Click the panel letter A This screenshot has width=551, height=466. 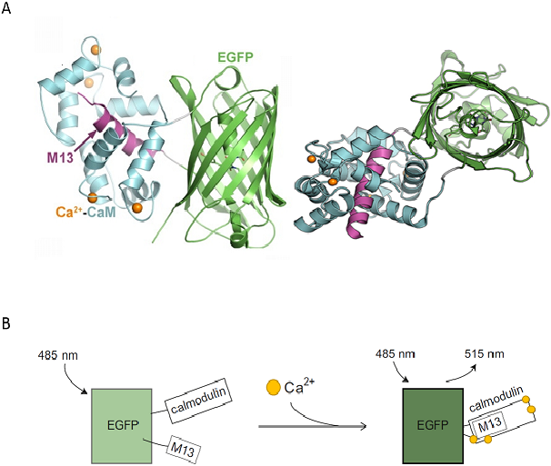(6, 7)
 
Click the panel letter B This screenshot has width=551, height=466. (6, 323)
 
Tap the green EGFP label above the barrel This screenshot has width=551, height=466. (235, 57)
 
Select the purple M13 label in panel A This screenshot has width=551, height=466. (60, 157)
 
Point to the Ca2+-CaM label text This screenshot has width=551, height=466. (85, 212)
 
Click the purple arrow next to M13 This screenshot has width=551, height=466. (85, 141)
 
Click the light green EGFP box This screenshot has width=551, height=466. (122, 426)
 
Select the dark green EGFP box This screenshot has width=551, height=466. (433, 426)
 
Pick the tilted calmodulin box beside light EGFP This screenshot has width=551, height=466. (198, 401)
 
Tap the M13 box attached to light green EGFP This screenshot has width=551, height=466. (183, 450)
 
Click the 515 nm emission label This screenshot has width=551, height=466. (485, 354)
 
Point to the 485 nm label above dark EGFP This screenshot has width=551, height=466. (396, 354)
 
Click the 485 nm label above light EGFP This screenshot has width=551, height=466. (57, 356)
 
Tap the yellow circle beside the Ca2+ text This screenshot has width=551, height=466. (274, 387)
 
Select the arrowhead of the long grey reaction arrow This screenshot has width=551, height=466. (364, 426)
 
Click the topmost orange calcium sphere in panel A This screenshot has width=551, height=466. (95, 50)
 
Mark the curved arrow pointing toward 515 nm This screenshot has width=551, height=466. (461, 374)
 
